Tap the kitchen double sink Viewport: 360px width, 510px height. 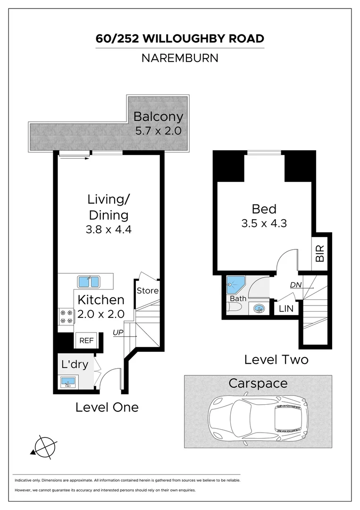pyautogui.click(x=88, y=282)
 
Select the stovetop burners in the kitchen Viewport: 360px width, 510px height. pyautogui.click(x=66, y=316)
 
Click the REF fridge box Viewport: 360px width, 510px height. pyautogui.click(x=86, y=340)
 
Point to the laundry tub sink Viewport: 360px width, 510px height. pyautogui.click(x=68, y=382)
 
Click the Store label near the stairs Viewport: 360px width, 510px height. pyautogui.click(x=148, y=291)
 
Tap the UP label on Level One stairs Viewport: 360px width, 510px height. pyautogui.click(x=118, y=333)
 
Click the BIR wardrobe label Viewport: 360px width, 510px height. pyautogui.click(x=320, y=254)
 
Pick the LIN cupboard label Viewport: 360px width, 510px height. pyautogui.click(x=286, y=309)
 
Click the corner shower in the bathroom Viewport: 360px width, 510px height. pyautogui.click(x=235, y=285)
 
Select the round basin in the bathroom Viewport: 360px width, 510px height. pyautogui.click(x=259, y=309)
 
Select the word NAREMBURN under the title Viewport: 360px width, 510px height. pyautogui.click(x=179, y=59)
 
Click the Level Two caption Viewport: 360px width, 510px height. pyautogui.click(x=276, y=359)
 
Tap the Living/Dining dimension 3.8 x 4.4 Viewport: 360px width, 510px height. pyautogui.click(x=109, y=231)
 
